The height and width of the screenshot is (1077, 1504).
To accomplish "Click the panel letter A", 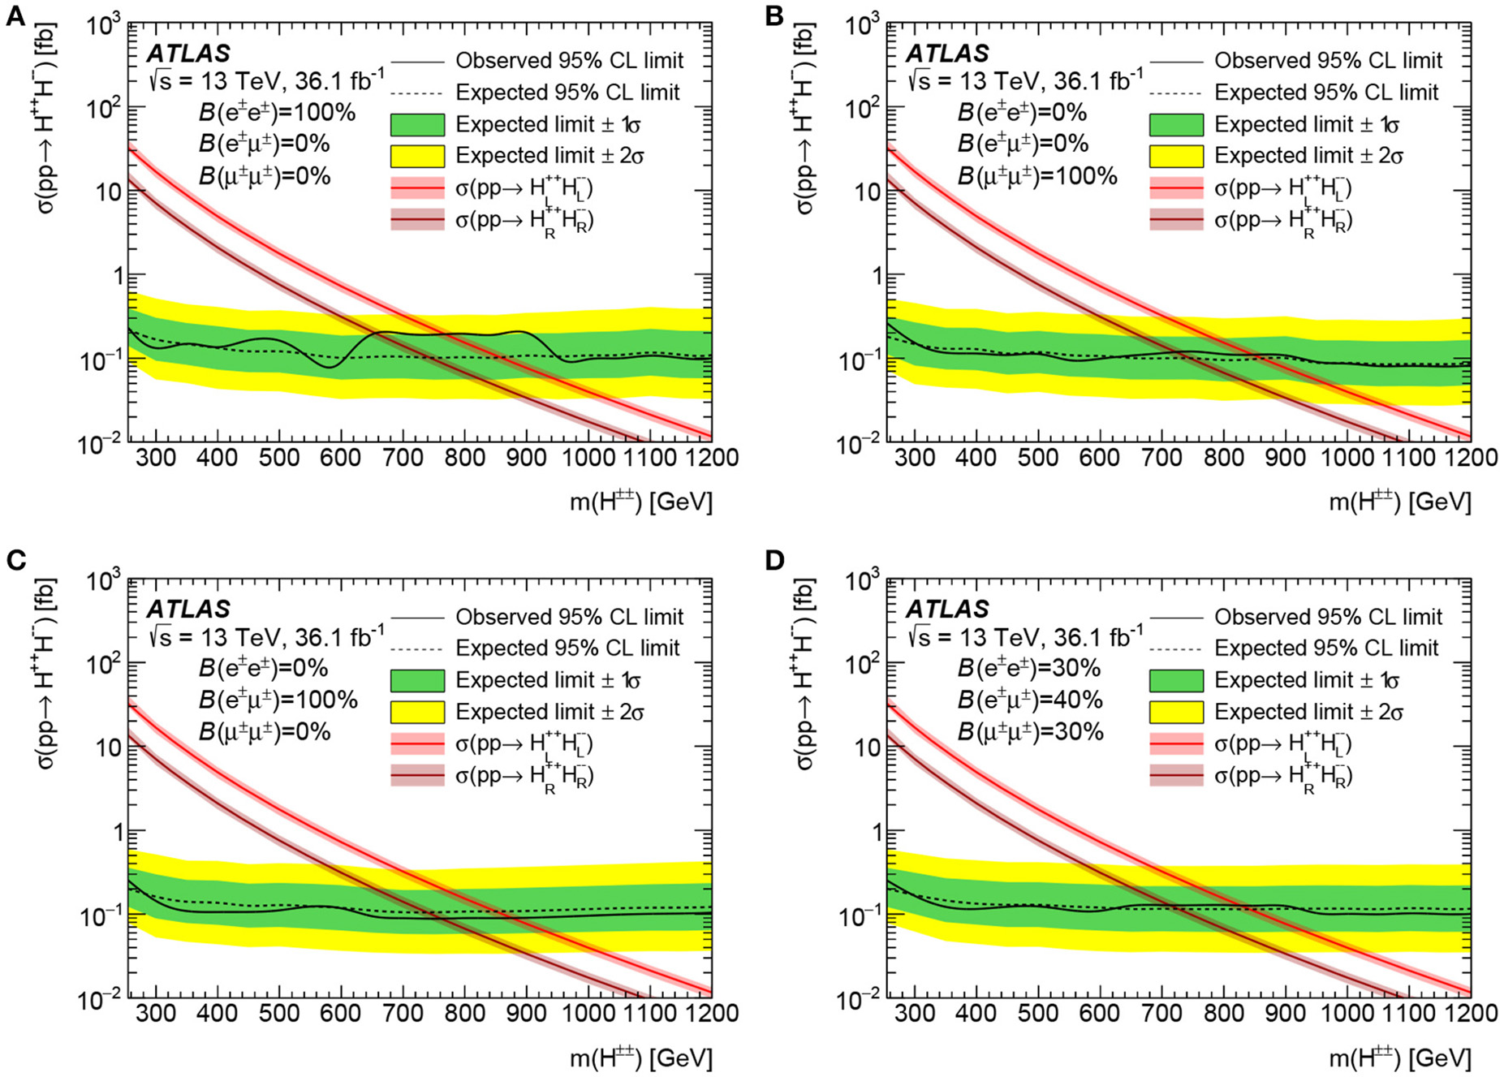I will (x=15, y=15).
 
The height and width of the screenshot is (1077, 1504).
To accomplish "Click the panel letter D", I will (x=775, y=560).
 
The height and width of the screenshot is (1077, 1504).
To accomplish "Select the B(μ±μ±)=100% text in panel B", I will (x=1037, y=175).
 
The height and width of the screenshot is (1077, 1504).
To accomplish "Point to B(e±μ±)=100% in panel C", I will (x=278, y=700).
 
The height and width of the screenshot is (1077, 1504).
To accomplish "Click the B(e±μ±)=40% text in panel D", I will (x=1030, y=700).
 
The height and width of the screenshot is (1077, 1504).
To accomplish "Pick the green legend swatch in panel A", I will (x=417, y=124).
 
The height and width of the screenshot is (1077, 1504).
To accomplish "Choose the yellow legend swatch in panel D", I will (x=1176, y=712).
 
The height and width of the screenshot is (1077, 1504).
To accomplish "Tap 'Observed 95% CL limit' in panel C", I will (x=569, y=617).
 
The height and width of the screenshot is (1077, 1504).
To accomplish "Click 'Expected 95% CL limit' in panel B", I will (x=1326, y=93).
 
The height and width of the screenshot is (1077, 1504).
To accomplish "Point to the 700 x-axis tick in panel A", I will (x=403, y=458).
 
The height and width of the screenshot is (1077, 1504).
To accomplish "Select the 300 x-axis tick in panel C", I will (x=155, y=1013).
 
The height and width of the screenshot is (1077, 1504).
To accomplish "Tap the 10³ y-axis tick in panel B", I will (x=862, y=27).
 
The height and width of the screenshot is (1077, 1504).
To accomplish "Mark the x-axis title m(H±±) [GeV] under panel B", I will (x=1399, y=502).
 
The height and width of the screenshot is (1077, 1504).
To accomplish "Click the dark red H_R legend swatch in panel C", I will (x=417, y=776).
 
